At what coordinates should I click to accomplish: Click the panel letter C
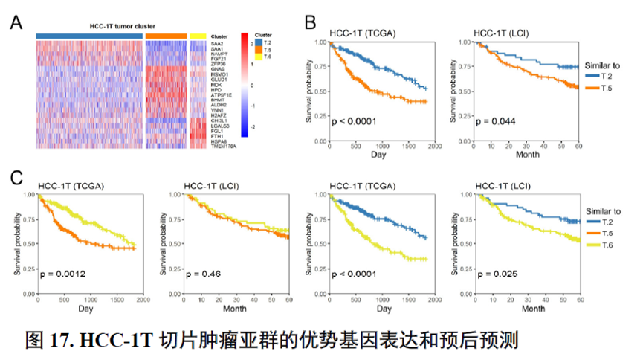pos(15,179)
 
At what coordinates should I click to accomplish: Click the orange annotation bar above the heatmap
pos(166,36)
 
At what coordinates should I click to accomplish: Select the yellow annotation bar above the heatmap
pos(198,36)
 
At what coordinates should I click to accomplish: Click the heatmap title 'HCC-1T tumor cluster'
pos(88,26)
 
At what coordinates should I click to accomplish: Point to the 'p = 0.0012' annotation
pos(64,274)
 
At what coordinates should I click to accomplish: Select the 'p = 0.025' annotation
pos(494,274)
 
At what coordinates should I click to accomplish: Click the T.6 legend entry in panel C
pos(606,245)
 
